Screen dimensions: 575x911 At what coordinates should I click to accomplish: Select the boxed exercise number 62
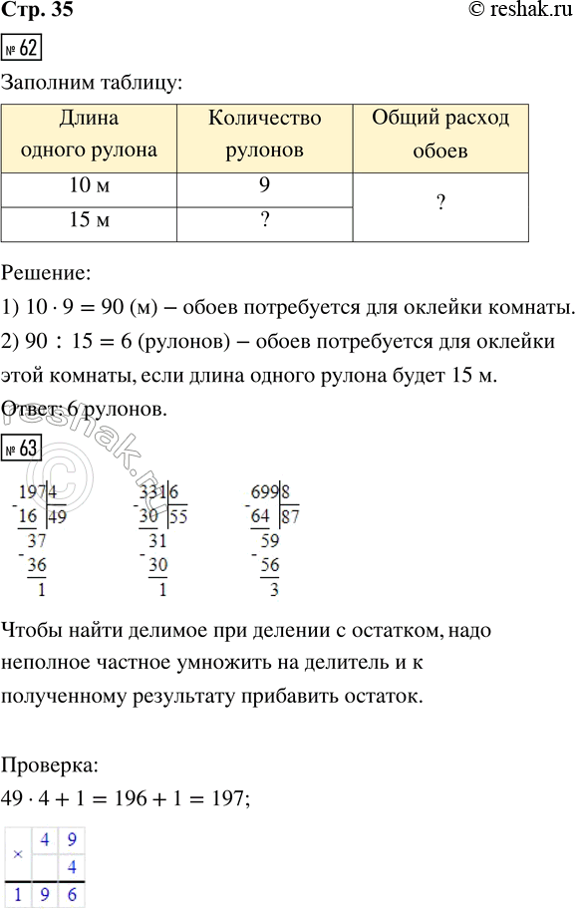coord(22,49)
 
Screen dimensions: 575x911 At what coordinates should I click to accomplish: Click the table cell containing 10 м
coord(89,186)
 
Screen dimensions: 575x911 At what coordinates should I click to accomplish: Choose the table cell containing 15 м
coord(89,221)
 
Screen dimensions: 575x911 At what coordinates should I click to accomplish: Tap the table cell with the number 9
coord(264,186)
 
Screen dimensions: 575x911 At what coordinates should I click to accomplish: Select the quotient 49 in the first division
coord(56,515)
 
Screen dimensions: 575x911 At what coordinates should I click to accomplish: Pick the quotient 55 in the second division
coord(180,515)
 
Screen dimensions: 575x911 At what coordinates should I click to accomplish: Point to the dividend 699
coord(265,492)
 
